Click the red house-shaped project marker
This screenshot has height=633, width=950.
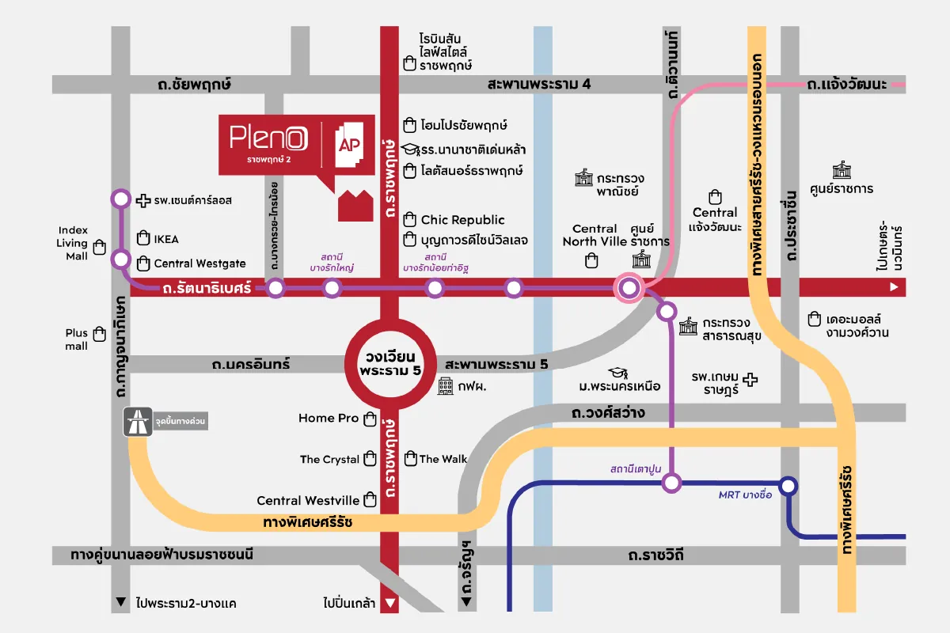click(355, 205)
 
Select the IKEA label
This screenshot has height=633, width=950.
click(166, 239)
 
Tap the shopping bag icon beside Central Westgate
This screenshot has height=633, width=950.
click(143, 263)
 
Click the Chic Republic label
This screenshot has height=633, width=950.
click(462, 220)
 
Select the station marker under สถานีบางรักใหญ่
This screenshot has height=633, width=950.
click(332, 288)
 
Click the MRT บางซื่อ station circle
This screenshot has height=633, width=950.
click(788, 486)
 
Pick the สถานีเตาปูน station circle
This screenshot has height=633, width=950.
click(671, 482)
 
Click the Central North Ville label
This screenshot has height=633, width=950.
click(594, 235)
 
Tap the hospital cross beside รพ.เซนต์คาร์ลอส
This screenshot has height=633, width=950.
click(143, 200)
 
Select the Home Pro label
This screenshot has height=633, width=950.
click(329, 418)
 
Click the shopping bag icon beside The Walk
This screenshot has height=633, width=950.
click(410, 458)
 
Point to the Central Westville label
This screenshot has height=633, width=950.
click(308, 500)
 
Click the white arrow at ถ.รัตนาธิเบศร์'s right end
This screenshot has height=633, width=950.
click(895, 287)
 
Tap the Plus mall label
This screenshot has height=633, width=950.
click(77, 339)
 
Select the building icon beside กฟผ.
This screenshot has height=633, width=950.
click(446, 386)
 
